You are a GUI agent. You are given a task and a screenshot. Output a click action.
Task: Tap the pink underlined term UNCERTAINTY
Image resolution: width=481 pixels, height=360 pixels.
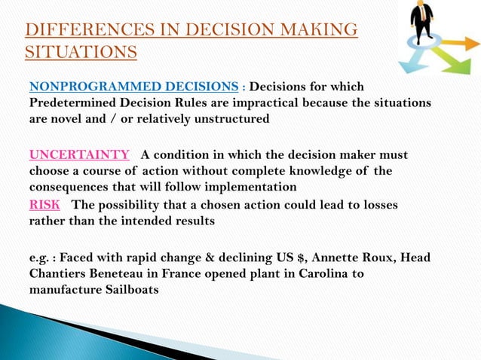[79, 155]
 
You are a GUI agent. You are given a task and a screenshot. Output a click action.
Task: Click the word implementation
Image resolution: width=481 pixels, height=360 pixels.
[253, 187]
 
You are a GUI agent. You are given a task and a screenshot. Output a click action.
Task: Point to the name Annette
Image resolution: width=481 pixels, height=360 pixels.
[340, 258]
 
